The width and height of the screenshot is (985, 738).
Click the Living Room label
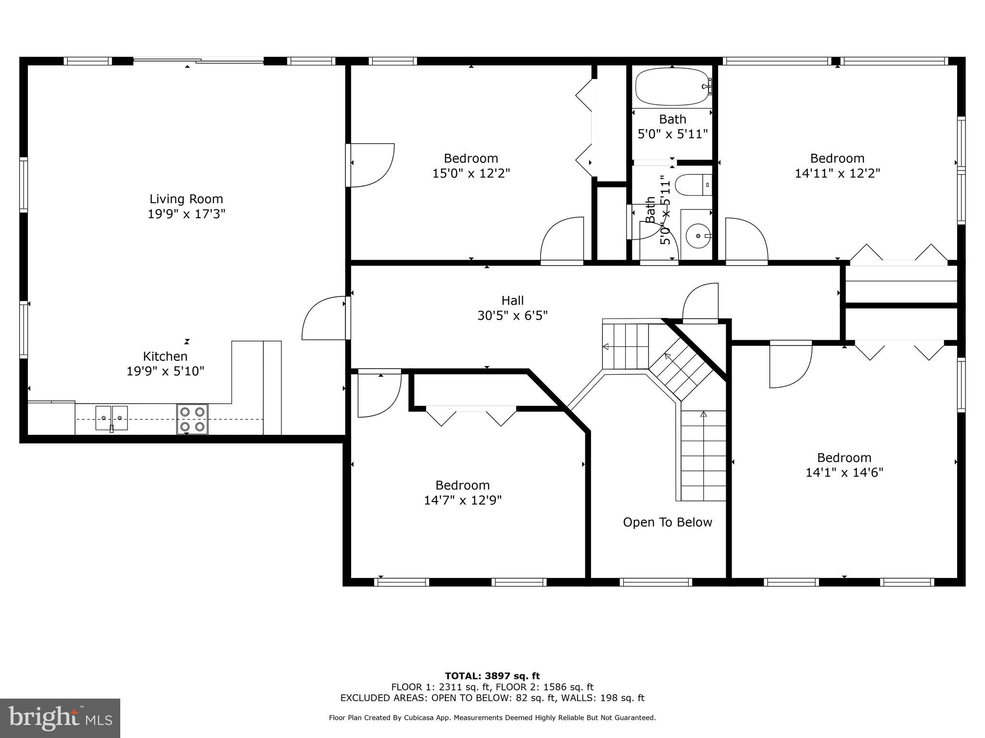click(186, 199)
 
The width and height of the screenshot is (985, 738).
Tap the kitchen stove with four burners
click(192, 419)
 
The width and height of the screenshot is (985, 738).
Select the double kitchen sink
click(112, 418)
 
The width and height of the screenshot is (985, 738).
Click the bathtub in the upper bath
click(672, 86)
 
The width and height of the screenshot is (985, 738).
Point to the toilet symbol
click(693, 185)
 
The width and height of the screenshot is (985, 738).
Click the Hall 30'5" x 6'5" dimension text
click(512, 316)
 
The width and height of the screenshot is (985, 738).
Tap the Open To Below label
click(667, 522)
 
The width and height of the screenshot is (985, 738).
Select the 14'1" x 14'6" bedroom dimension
click(844, 473)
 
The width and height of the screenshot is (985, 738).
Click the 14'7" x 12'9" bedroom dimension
click(462, 501)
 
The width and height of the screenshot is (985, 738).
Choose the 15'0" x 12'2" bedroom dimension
click(471, 173)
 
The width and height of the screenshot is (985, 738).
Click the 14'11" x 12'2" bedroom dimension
click(837, 173)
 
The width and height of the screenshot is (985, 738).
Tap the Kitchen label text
click(165, 357)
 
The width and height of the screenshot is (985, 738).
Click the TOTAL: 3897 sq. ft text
click(492, 676)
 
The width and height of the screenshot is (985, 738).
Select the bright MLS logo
click(60, 718)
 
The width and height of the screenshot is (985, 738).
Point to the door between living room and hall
click(325, 318)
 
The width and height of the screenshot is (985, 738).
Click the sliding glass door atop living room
click(198, 61)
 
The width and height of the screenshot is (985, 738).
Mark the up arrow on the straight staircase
click(704, 415)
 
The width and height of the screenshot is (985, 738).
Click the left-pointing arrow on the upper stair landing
click(605, 346)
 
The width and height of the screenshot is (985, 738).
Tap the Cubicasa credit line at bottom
click(492, 718)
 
